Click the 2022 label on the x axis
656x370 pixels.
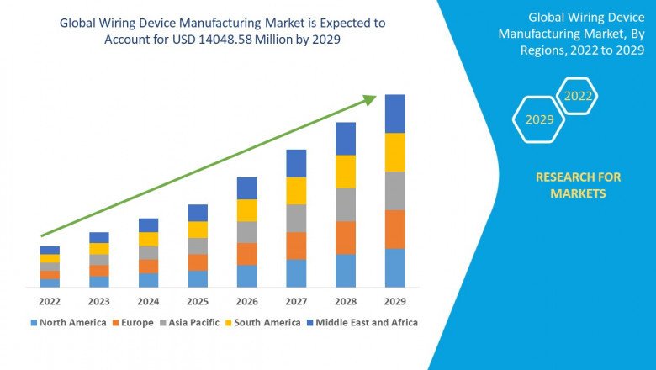pos(50,301)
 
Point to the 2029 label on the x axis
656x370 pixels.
pos(395,301)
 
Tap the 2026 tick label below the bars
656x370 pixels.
pos(246,301)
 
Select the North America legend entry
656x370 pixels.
pos(68,322)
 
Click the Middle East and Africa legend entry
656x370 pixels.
pos(364,322)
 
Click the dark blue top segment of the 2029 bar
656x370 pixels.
pos(395,114)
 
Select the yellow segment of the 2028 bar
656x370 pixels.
pos(346,172)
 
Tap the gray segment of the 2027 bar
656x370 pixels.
pos(296,218)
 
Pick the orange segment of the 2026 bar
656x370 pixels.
pos(246,254)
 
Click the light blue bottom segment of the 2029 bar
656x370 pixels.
pos(395,267)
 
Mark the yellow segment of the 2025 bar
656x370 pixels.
pos(198,230)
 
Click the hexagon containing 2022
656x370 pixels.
pos(578,96)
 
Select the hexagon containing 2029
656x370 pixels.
pos(540,119)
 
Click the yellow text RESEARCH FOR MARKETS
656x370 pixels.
pos(578,185)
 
